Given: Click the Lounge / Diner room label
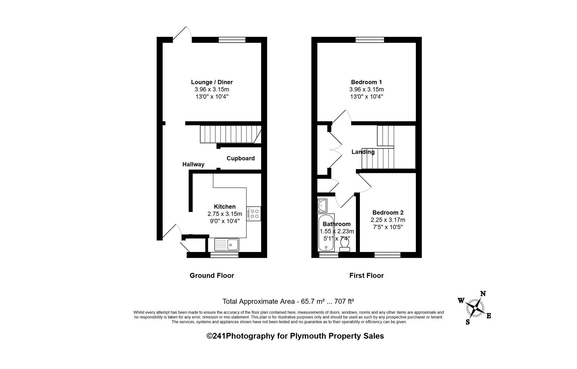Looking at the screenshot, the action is pos(212,82).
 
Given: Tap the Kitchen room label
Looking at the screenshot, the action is pos(225,207).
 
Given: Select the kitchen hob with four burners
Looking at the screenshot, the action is pos(254,213).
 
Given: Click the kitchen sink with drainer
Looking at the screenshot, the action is pos(227,244).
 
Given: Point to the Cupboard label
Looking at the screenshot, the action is pos(241,159).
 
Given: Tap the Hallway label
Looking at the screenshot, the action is pos(193,164).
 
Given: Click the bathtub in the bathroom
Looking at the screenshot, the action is pos(326,233).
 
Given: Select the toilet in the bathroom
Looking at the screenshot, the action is pos(345,245).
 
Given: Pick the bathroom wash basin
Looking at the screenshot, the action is pos(322,205).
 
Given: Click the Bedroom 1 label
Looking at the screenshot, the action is pos(366,82).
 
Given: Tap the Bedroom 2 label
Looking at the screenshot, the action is pos(388,212).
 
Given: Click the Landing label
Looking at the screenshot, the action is pos(363,152).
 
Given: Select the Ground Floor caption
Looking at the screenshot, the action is pos(212,275).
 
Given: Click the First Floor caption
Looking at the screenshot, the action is pos(366,275).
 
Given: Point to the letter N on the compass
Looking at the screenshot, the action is pos(483,294).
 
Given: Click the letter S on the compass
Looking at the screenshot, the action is pos(468,322).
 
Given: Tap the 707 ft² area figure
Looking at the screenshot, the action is pos(344,301).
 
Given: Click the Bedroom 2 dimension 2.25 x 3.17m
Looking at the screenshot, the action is pos(388,220).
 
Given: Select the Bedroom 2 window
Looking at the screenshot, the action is pos(387,255).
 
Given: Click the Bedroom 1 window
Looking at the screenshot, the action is pos(370,40).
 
